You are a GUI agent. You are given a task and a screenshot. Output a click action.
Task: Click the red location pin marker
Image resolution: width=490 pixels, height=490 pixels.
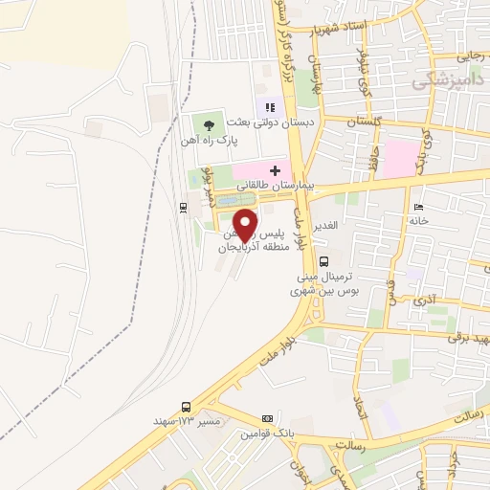point(245,224)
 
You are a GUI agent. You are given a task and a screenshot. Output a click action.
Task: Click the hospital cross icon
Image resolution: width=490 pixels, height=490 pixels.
point(275,168)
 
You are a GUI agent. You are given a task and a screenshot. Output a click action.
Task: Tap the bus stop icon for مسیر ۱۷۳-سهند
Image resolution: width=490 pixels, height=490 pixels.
point(185,406)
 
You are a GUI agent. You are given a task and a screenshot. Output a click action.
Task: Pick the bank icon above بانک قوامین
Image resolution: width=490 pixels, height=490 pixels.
point(269,419)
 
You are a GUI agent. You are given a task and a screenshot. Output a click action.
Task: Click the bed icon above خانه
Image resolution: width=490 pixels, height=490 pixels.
point(417,208)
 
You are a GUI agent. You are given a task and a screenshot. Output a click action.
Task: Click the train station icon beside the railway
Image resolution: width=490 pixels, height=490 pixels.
point(183,206)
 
